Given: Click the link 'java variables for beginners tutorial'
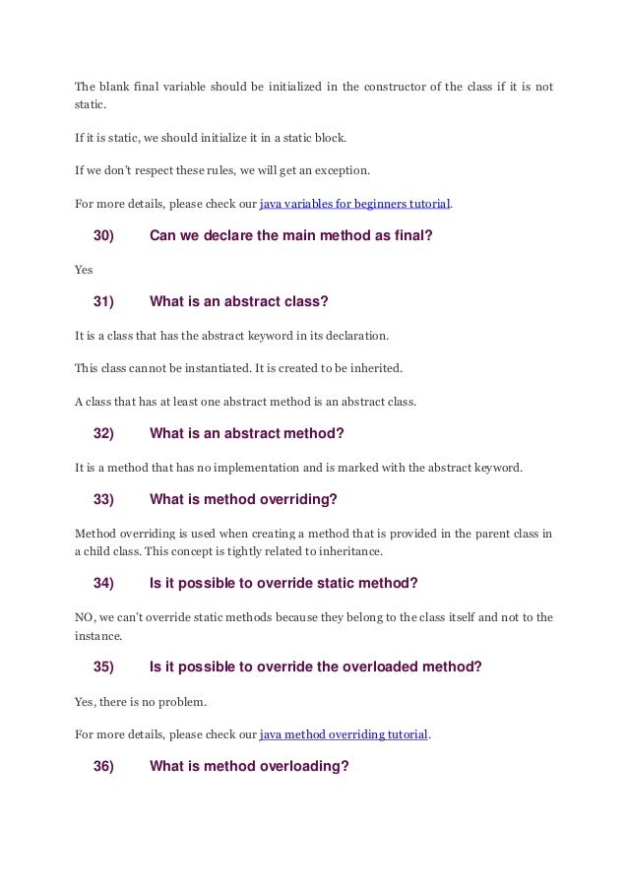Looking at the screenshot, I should [354, 205].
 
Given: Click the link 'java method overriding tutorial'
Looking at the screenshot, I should [344, 733].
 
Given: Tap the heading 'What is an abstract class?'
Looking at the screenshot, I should [245, 301].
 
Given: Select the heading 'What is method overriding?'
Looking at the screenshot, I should [243, 499].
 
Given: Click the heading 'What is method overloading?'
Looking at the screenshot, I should [249, 767].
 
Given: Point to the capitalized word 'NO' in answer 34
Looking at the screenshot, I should [84, 616].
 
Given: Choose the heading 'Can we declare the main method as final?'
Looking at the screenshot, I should [290, 235].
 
